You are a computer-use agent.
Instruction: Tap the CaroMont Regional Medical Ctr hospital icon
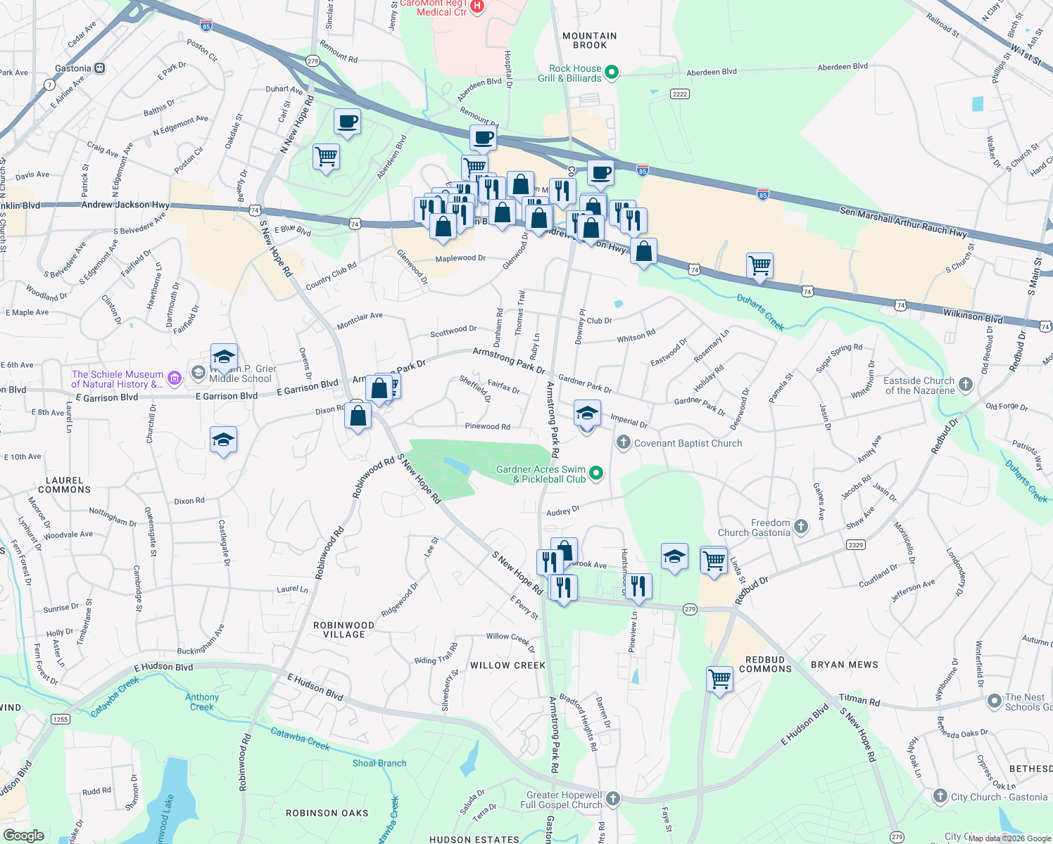click(477, 6)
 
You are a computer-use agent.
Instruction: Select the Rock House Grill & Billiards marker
click(612, 72)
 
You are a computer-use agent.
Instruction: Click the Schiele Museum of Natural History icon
click(175, 379)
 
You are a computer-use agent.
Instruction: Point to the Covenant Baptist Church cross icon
click(623, 442)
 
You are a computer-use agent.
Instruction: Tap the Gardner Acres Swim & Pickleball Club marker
click(596, 473)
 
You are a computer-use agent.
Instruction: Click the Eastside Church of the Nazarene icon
click(966, 384)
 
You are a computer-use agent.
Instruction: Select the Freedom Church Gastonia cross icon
click(800, 526)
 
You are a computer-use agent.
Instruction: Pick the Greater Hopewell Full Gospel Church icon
click(613, 798)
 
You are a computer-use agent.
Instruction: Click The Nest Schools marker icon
click(994, 701)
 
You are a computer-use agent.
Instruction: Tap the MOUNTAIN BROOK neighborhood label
click(590, 41)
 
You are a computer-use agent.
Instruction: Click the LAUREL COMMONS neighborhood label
click(64, 485)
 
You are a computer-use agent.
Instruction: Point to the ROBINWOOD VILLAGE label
click(343, 629)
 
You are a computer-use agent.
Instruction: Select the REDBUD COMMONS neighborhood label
click(765, 664)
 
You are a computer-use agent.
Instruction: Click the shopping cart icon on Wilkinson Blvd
click(759, 266)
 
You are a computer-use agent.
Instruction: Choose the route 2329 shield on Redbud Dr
click(856, 545)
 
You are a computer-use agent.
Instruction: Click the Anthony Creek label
click(202, 702)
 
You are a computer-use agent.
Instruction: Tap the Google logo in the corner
click(23, 836)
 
